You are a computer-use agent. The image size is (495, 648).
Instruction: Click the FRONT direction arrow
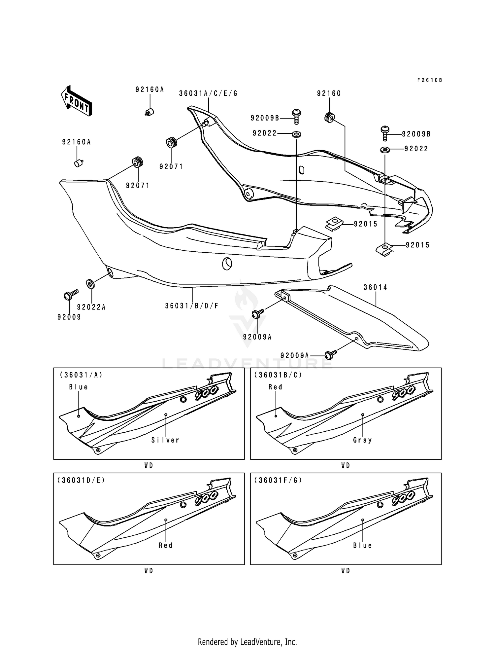pos(76,101)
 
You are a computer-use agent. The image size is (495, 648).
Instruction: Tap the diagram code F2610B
pos(429,80)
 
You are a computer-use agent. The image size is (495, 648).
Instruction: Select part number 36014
pos(375,287)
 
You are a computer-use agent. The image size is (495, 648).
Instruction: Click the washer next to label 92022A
pos(90,283)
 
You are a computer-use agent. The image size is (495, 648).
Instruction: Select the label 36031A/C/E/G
pos(208,93)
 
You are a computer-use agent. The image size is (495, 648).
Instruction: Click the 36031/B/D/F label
pos(192,306)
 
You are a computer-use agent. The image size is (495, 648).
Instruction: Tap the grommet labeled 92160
pos(329,117)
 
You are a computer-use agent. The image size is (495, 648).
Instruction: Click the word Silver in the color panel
pos(165,440)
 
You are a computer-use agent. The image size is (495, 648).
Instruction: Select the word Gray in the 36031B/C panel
pos(362,440)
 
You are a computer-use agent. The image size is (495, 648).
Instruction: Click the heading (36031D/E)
pos(81,480)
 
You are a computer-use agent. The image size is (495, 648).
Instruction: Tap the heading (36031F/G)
pos(278,480)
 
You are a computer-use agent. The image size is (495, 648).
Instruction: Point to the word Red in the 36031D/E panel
pos(166,545)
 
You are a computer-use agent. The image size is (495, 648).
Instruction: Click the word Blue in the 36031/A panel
pos(79,387)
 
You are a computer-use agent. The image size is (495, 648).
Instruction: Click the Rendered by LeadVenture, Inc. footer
pos(247,642)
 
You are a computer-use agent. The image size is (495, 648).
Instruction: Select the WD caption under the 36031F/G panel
pos(346,571)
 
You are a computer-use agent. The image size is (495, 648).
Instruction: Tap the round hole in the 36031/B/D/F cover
pos(227,263)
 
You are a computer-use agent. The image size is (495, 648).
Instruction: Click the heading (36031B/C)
pos(278,375)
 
